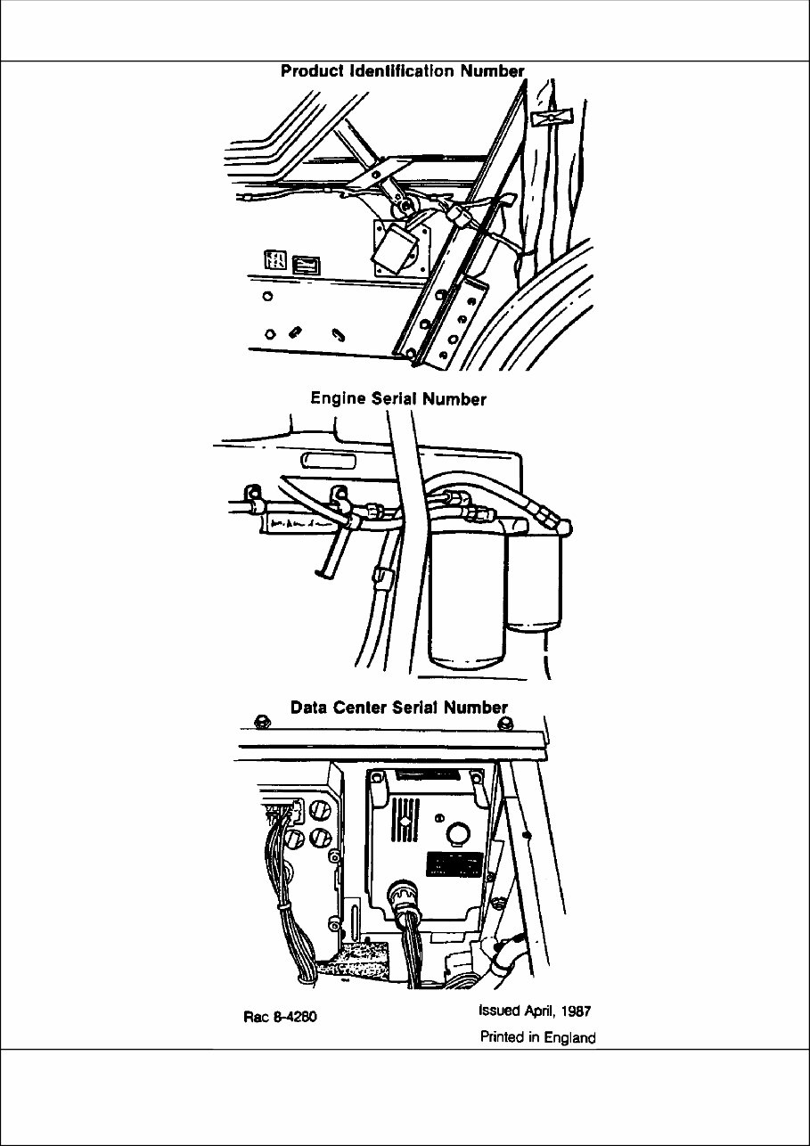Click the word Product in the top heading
(312, 71)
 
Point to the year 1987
(574, 1011)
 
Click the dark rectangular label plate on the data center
(454, 864)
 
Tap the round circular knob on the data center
(457, 833)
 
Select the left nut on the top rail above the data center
(260, 720)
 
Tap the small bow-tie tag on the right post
(544, 119)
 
